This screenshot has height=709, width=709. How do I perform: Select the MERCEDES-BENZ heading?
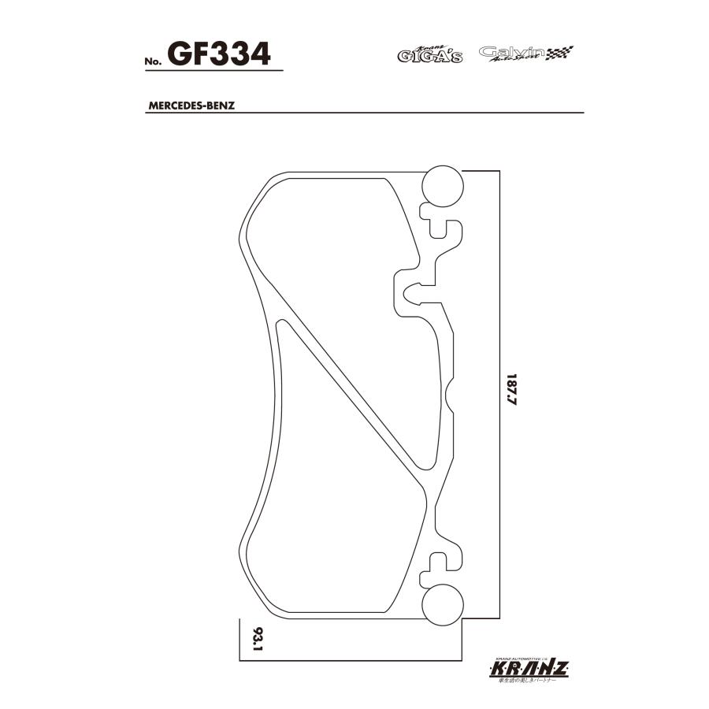pos(191,105)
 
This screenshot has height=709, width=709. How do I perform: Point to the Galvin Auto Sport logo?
pos(516,54)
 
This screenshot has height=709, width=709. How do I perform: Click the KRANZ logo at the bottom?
pos(529,669)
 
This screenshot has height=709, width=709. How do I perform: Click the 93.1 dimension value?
pos(256,639)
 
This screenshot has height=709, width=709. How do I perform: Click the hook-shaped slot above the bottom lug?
pos(441,561)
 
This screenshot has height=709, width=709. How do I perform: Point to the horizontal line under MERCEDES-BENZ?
pos(394,114)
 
